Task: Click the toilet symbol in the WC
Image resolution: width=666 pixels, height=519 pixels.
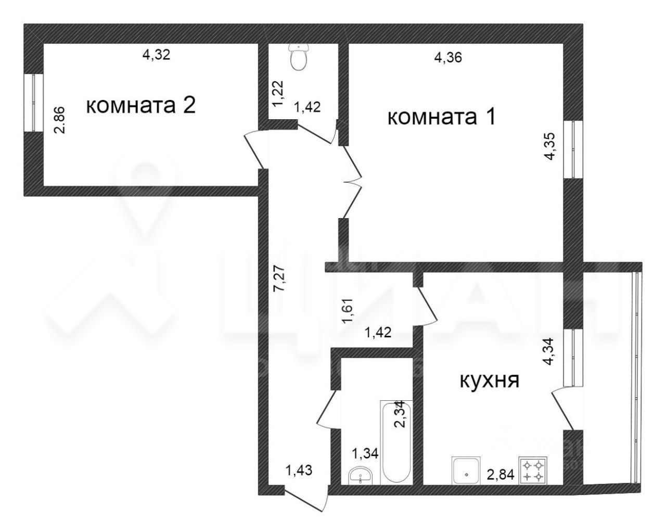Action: click(x=299, y=57)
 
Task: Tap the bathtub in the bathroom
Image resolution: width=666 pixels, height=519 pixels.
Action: click(x=396, y=442)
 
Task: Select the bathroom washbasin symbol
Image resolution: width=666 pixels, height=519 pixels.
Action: click(x=360, y=474)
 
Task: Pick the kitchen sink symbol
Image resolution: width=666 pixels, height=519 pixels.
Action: click(x=466, y=471)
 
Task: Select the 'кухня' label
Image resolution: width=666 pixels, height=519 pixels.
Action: click(x=489, y=381)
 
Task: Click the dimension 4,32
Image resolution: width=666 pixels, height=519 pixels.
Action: click(x=156, y=54)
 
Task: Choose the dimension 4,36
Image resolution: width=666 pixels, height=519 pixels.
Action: click(x=448, y=58)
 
